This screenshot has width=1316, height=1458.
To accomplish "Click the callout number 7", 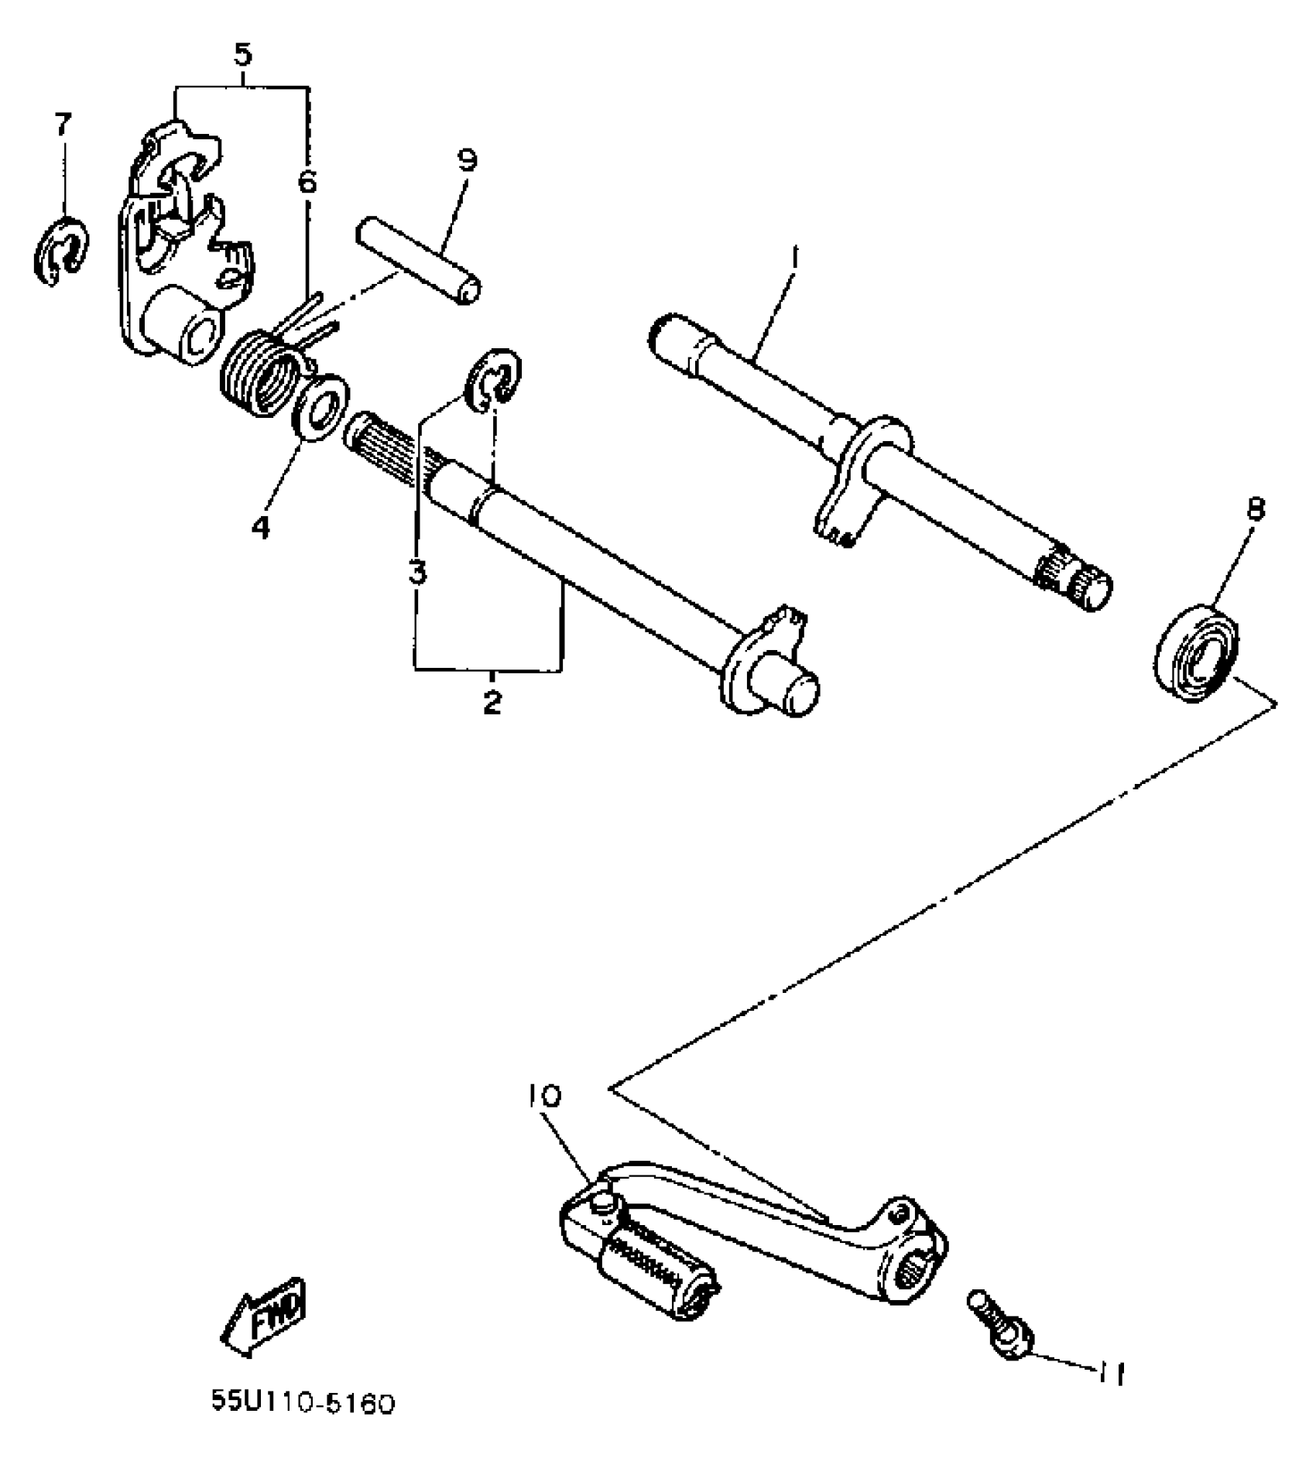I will (63, 124).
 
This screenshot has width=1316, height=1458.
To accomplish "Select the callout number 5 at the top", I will (242, 56).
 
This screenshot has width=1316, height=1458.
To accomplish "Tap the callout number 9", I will (467, 161).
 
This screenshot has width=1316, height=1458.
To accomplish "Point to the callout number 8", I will (1255, 510).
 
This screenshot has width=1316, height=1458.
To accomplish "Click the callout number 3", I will (416, 573).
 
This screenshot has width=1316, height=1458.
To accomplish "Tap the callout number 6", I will (307, 183).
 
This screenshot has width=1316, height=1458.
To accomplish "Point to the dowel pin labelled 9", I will (418, 262).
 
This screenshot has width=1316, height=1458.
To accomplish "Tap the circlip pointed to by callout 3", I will (493, 377).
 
